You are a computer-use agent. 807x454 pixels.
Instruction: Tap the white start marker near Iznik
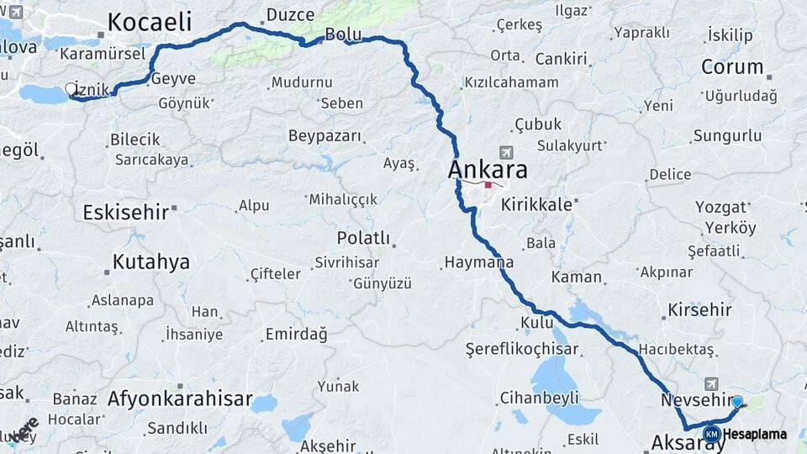point(71,88)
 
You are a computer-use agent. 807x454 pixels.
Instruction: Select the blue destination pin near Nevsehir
point(737,402)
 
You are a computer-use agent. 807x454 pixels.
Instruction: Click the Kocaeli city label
point(150,22)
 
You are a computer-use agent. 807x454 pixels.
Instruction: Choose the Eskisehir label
point(125,212)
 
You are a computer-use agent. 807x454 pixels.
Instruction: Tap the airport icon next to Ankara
point(505,152)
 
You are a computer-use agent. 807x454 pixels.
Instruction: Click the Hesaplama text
point(755,435)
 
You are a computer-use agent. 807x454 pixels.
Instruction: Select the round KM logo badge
point(712,434)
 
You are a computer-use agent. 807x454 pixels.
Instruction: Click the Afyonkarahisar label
point(180,399)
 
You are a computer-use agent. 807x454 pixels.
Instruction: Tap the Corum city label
point(732,66)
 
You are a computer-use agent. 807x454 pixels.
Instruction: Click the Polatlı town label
point(363,238)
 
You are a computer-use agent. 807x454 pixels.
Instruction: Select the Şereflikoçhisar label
point(523,349)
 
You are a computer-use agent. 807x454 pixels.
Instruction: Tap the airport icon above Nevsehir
point(711,383)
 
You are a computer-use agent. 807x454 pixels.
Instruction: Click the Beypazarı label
point(324,136)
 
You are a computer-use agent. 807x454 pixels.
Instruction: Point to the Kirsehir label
point(699,309)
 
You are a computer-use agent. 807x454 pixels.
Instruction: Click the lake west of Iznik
point(42,94)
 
